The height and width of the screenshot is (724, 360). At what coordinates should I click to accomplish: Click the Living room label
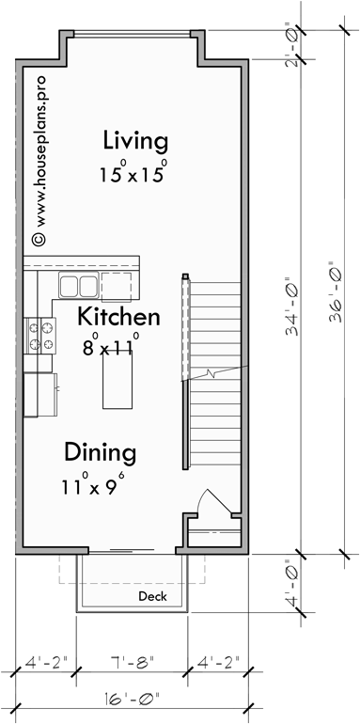135,142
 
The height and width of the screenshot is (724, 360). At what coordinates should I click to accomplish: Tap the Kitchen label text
118,316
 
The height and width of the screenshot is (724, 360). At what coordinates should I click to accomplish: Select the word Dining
101,452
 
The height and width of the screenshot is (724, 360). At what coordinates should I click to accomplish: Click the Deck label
151,597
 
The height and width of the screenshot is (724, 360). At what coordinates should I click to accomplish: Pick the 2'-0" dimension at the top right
299,50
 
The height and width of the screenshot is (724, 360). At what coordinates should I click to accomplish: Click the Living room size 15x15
135,174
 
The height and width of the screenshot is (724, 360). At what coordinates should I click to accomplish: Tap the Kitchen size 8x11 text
111,345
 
